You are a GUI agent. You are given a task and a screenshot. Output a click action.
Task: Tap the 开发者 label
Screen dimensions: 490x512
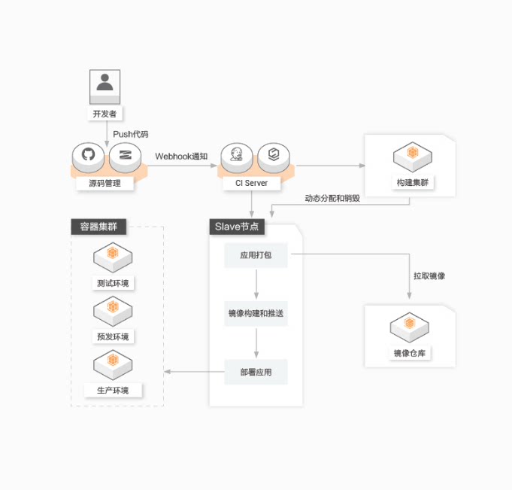(x=105, y=114)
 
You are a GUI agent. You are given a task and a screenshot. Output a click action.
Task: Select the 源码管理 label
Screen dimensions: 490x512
(x=105, y=183)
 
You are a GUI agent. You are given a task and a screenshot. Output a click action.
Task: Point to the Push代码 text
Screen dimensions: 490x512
(x=131, y=134)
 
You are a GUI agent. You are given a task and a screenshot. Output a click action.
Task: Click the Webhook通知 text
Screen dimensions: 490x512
(x=181, y=157)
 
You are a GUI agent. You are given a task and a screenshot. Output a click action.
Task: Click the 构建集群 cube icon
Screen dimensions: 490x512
(x=412, y=154)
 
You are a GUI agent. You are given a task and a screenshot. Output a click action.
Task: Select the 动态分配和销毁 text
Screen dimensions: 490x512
(x=332, y=198)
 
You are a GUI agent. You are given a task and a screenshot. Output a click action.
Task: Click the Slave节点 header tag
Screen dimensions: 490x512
(x=236, y=227)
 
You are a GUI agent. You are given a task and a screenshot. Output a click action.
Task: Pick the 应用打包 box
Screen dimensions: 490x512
(x=256, y=256)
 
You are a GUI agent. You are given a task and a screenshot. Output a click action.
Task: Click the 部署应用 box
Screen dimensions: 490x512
(x=256, y=372)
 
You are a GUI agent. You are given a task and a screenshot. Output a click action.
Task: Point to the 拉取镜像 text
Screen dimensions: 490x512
(x=429, y=276)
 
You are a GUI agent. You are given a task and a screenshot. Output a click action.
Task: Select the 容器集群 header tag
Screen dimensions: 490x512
(x=98, y=227)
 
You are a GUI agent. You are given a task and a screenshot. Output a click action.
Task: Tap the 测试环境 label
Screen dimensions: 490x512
(x=113, y=284)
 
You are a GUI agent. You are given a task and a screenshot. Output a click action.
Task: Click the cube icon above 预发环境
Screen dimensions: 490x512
(x=113, y=309)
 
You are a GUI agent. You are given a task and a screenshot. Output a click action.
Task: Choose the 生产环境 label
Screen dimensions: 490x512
(x=113, y=391)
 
